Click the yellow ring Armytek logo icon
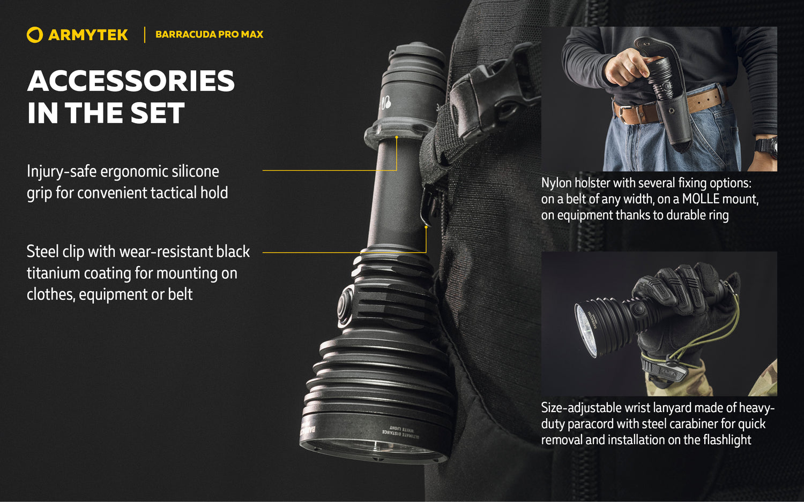(34, 35)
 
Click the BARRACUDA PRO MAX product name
(209, 34)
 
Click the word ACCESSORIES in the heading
(131, 81)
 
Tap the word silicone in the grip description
(195, 171)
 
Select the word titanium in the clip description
(53, 273)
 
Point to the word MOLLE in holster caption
(701, 199)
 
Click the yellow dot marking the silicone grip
(397, 138)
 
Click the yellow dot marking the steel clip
(426, 227)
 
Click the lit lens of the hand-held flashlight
(585, 329)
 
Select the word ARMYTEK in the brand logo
(88, 35)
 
